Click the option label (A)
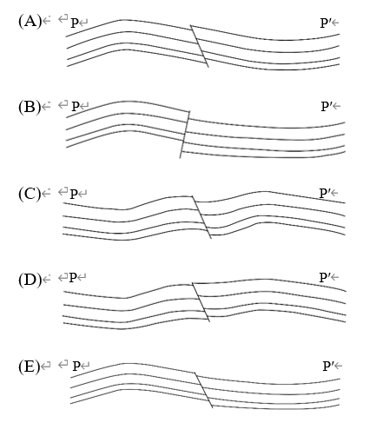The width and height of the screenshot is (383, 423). (30, 22)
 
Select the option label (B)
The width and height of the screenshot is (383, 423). (30, 107)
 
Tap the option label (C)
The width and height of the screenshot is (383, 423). (30, 194)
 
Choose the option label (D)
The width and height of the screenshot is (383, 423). (30, 280)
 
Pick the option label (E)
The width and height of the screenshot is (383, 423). (30, 367)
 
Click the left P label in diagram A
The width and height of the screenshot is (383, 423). (75, 23)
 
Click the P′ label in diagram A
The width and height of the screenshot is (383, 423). (326, 23)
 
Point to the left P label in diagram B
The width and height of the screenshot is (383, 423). (76, 107)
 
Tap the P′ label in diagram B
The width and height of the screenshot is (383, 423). (327, 107)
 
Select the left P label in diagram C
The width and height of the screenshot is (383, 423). (74, 194)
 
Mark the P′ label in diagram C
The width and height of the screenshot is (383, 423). (325, 193)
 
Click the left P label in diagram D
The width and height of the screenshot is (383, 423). (73, 278)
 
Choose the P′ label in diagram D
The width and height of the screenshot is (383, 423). (325, 277)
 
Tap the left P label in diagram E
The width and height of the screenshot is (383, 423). (76, 367)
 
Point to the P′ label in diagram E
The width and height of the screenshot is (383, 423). (328, 367)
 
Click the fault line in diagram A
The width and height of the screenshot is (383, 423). (199, 46)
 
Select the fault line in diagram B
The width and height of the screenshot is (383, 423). (185, 135)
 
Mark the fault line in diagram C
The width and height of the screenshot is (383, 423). (201, 217)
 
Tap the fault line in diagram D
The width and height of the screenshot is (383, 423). (201, 302)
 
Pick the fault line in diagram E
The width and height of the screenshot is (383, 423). (203, 390)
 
